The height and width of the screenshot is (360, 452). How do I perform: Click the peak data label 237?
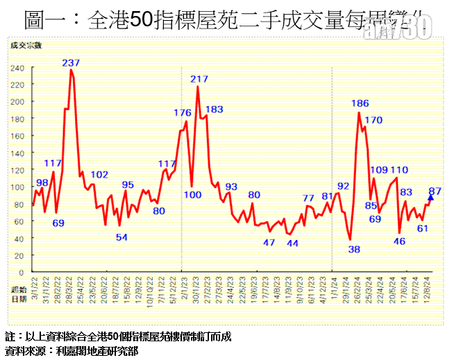pos(71,63)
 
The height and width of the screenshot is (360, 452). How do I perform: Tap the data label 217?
pos(200,79)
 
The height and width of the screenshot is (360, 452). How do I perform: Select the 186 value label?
pos(360,104)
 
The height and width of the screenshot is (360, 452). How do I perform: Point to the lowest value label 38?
pos(354,249)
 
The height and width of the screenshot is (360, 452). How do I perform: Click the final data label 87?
pos(435,191)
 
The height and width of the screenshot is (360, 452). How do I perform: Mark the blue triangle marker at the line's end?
pos(430,198)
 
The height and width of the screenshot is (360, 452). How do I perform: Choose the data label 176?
pos(182,112)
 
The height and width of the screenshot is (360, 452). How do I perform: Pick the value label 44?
pos(292,243)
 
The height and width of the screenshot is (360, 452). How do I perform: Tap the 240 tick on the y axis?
pos(18,68)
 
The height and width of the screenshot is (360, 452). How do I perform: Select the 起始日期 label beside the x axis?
pos(19,294)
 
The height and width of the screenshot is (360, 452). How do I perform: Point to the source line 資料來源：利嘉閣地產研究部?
pos(72,351)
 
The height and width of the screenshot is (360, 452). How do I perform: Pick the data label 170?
pos(373,120)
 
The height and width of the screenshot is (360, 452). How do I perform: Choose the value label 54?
pos(122,237)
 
